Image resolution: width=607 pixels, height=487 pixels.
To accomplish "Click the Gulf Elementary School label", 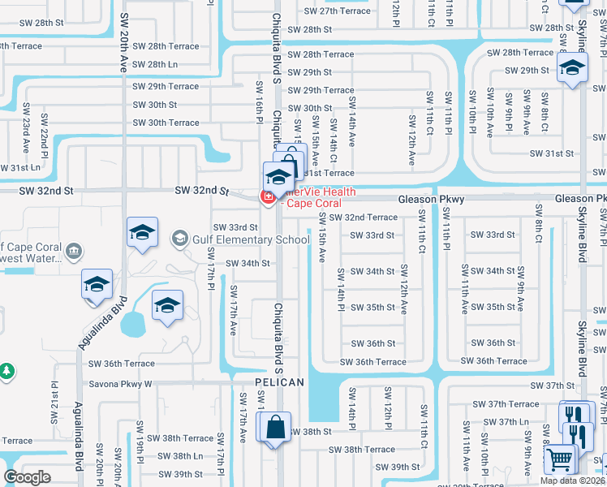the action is click(251, 239).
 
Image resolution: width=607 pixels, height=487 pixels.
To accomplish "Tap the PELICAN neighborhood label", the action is click(278, 382).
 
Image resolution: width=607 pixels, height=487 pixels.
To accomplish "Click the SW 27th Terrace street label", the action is click(337, 11).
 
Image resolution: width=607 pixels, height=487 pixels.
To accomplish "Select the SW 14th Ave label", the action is click(351, 123).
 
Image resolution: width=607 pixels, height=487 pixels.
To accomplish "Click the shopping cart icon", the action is click(561, 459).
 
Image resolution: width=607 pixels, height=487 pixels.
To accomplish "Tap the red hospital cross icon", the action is click(265, 196).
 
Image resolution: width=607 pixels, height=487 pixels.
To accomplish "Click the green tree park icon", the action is click(6, 371).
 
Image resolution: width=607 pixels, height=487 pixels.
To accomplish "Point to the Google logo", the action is click(27, 477).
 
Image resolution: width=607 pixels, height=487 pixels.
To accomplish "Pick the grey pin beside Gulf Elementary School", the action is click(179, 239).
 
